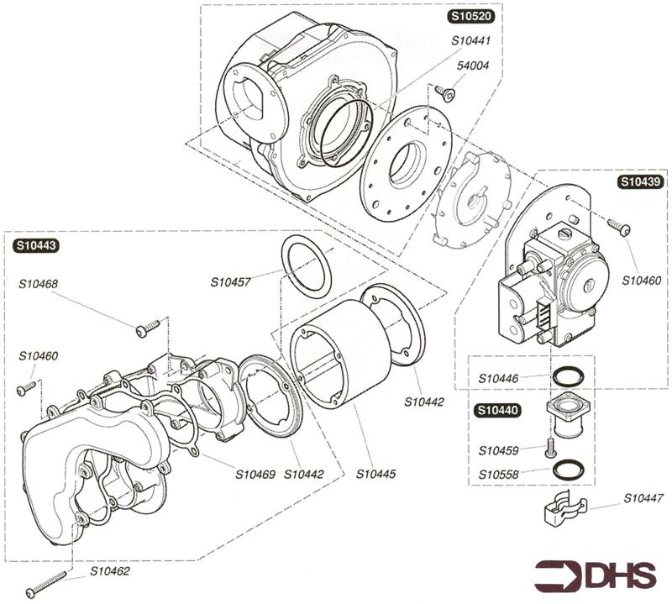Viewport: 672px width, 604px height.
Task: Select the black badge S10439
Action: point(641,181)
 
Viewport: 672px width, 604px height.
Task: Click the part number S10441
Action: point(471,39)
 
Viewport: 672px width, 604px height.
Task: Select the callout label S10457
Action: point(231,282)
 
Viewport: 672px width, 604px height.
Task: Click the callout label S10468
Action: point(39,283)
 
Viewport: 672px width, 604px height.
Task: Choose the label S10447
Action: point(643,498)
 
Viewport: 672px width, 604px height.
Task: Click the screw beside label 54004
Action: point(448,93)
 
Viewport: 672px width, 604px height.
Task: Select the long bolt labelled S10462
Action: point(46,586)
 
